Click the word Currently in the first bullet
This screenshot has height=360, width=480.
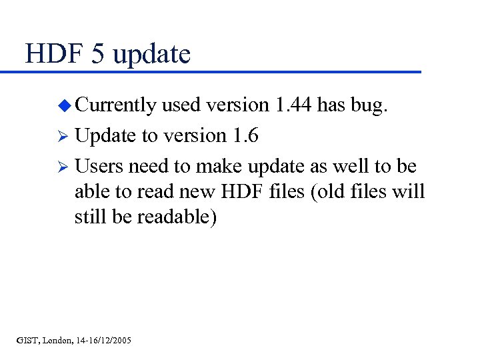pos(115,105)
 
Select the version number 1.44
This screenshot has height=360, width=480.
pos(290,105)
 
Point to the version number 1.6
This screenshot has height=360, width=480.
pos(246,135)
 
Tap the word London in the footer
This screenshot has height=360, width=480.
pos(57,341)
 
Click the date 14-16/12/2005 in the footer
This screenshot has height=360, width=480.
pos(103,341)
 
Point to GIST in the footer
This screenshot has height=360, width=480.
pos(27,341)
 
